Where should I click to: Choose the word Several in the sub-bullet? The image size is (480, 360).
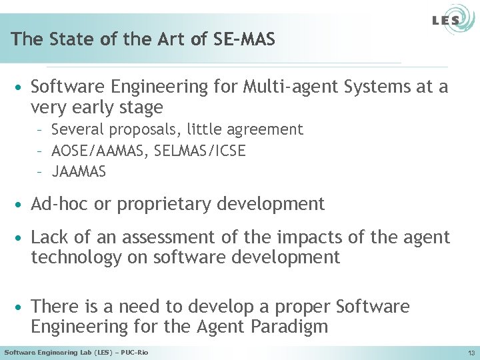pos(76,129)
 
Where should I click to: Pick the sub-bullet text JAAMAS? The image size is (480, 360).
pos(79,172)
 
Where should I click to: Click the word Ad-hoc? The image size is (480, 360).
pos(60,204)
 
